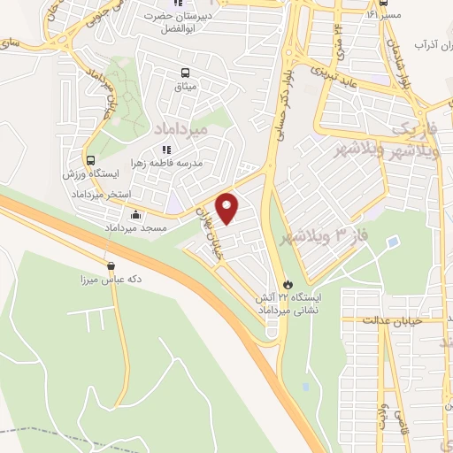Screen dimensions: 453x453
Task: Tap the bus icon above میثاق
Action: click(185, 73)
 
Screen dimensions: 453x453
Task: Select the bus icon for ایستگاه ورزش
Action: click(90, 160)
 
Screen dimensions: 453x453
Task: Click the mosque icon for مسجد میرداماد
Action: click(134, 214)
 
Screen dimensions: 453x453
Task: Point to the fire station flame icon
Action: click(286, 283)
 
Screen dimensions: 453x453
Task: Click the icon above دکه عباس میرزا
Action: click(111, 265)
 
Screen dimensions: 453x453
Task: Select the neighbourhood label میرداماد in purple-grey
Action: click(180, 129)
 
